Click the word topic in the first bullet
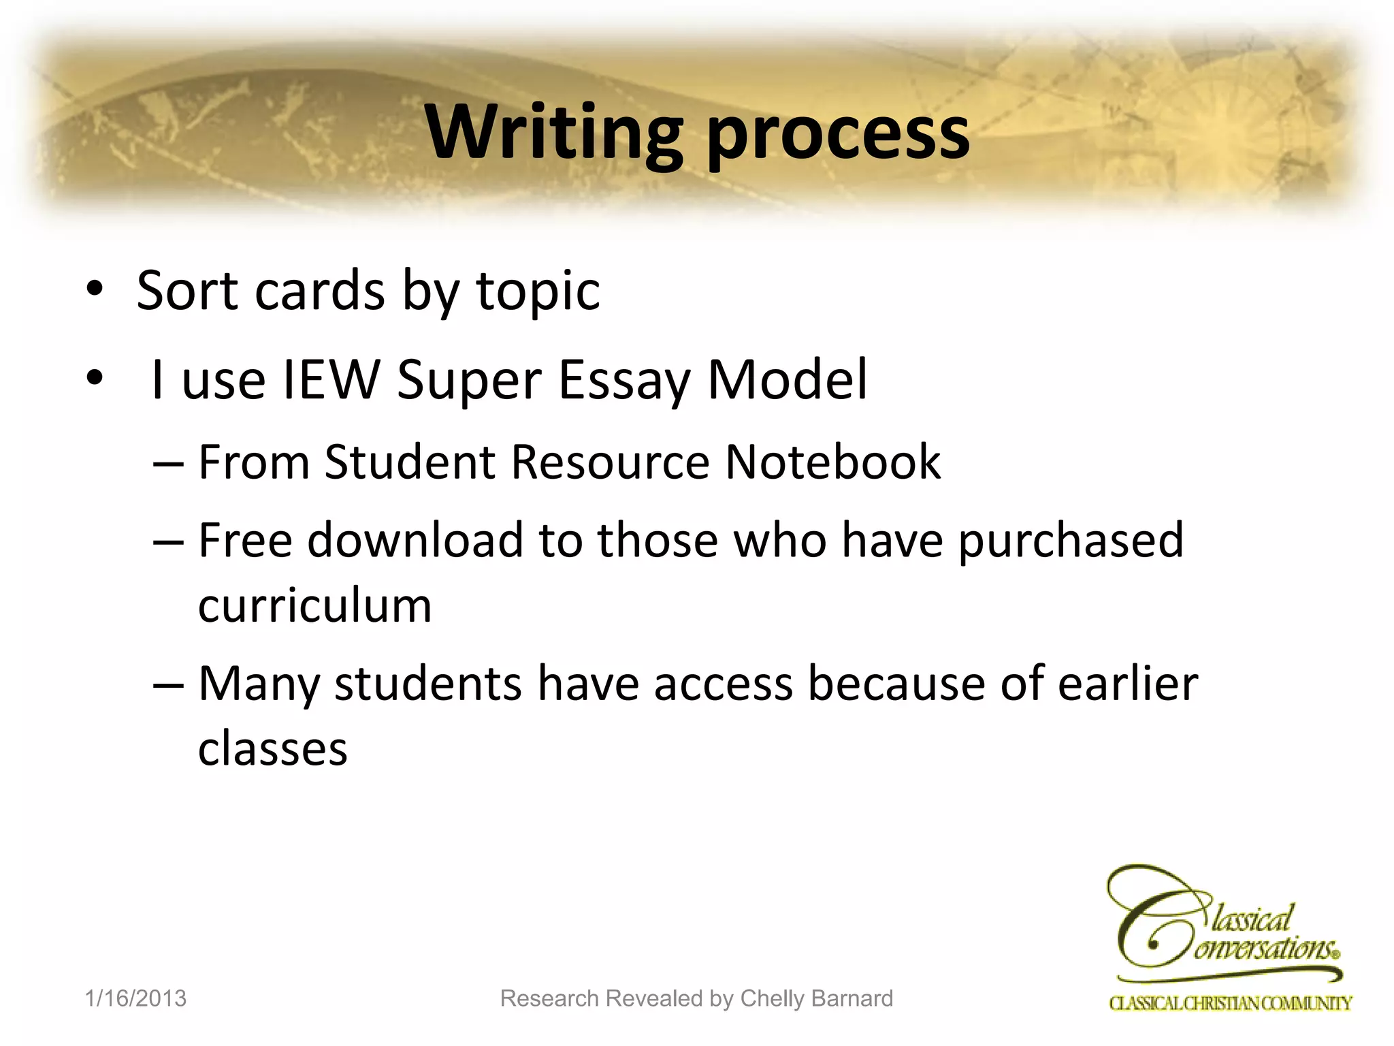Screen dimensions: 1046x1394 coord(538,293)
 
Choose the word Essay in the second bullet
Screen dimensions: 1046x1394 coord(624,381)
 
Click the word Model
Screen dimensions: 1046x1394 coord(788,379)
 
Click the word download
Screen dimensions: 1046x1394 coord(415,540)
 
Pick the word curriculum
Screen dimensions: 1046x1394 coord(314,605)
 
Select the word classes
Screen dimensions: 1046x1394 coord(272,748)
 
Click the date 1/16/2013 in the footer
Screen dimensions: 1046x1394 coord(135,998)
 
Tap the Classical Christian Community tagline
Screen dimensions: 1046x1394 coord(1230,1003)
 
